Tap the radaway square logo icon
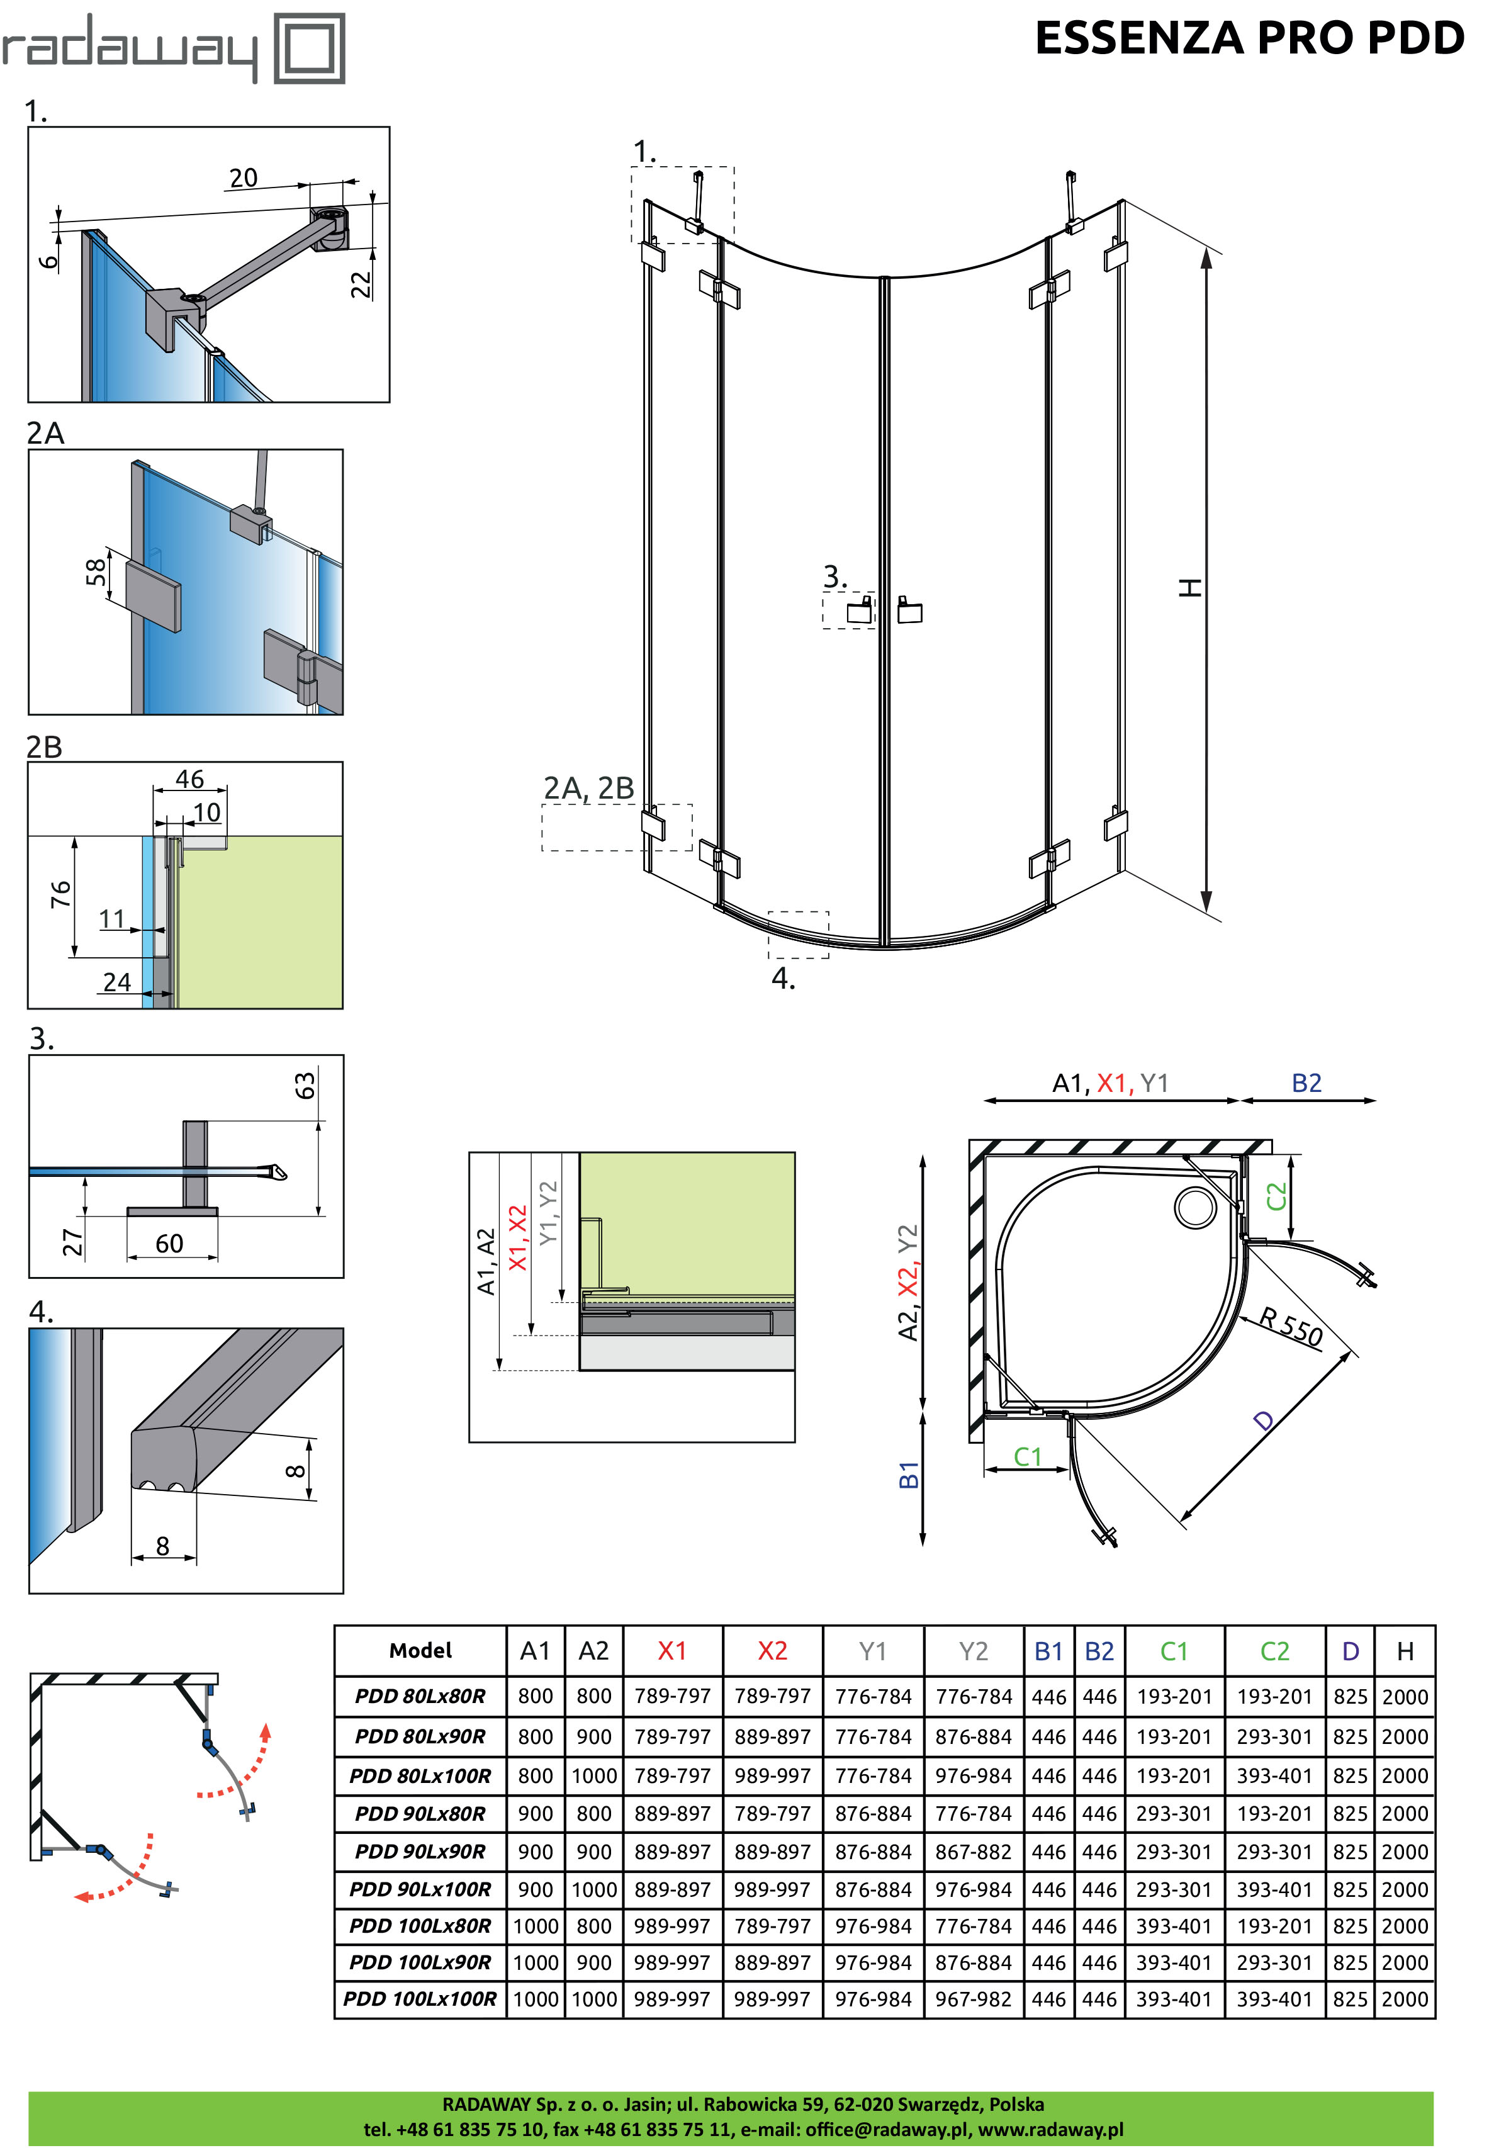[309, 48]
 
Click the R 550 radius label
[1290, 1327]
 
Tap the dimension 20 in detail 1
[244, 177]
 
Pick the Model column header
[420, 1651]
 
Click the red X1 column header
[671, 1651]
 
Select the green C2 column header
[1274, 1651]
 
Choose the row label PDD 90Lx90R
[420, 1852]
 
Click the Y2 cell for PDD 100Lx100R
[973, 1999]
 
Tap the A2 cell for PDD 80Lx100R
[594, 1775]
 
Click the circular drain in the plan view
[1194, 1207]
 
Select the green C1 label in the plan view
[1027, 1456]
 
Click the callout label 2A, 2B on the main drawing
[588, 789]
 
